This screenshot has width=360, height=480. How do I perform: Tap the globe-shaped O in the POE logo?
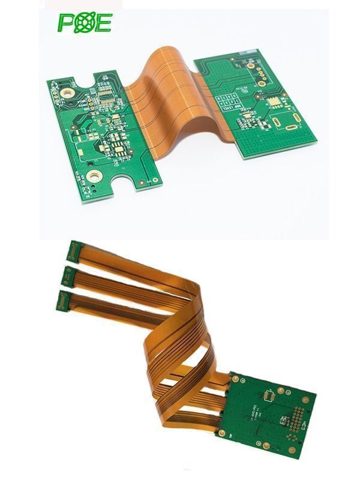click(84, 23)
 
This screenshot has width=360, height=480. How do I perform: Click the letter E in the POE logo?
click(103, 23)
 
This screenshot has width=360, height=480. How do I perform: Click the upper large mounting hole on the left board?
click(67, 94)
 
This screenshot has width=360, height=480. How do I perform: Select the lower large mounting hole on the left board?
click(93, 175)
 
